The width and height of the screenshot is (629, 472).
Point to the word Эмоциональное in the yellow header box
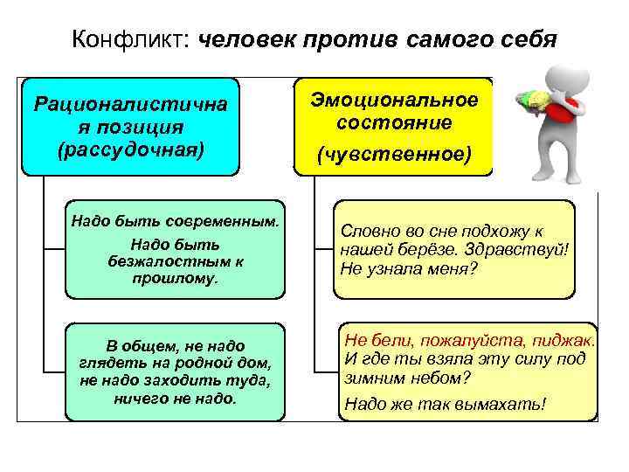click(395, 99)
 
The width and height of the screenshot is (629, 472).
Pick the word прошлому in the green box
click(175, 279)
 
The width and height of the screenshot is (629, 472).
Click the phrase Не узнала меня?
click(409, 268)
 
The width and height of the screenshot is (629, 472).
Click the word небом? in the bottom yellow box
click(439, 378)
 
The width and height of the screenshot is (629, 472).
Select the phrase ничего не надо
click(175, 398)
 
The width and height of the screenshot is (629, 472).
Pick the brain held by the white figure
click(534, 101)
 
